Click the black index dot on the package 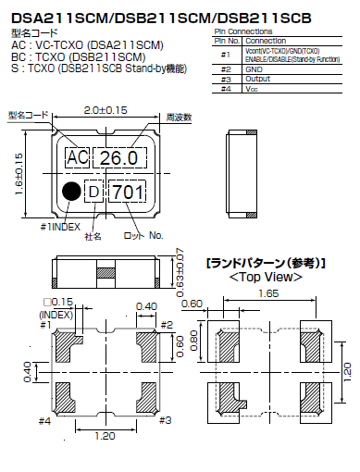(x=70, y=192)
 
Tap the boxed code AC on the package (x=79, y=158)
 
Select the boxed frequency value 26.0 (x=122, y=158)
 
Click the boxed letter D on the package (x=93, y=192)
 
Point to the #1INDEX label (x=60, y=225)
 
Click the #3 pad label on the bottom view (x=166, y=419)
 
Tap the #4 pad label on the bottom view (x=44, y=421)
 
